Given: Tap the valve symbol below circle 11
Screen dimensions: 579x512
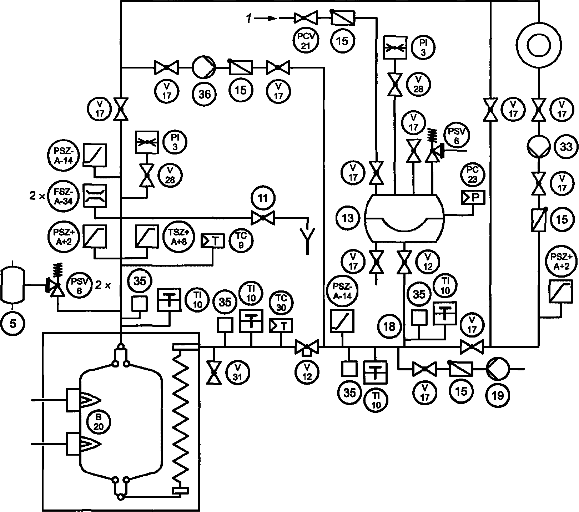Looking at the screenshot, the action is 263,218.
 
